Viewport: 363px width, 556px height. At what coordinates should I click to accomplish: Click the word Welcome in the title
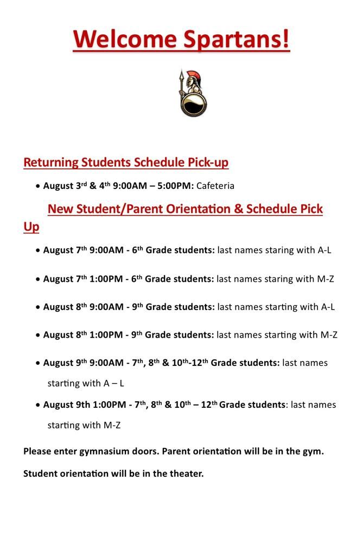pos(125,40)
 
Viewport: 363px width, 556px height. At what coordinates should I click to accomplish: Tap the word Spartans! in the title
pos(236,40)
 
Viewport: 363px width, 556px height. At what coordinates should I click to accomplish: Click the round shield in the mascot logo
pos(193,104)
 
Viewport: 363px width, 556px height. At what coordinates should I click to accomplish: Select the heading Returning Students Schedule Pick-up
pos(126,162)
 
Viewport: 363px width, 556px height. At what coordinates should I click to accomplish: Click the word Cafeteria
pos(215,186)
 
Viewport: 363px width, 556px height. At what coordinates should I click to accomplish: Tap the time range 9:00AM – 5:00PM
pos(154,186)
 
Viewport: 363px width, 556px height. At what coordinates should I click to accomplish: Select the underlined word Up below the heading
pos(31,226)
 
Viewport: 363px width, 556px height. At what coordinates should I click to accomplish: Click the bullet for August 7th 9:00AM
pos(38,251)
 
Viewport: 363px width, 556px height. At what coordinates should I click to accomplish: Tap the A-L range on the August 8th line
pos(328,307)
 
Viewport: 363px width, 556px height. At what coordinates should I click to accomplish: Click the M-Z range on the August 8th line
pos(329,335)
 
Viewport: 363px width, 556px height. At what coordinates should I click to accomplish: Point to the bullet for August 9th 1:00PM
pos(38,405)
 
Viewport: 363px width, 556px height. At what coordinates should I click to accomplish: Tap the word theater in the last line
pos(184,473)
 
